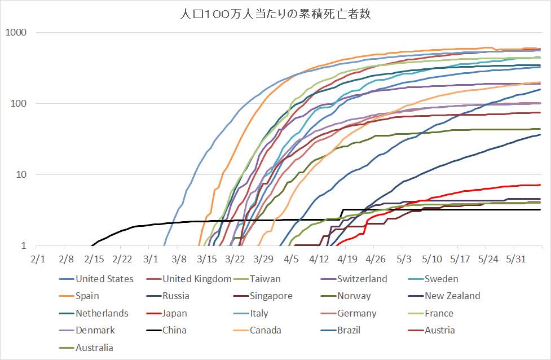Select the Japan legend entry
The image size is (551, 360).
(x=175, y=313)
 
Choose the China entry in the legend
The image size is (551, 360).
(x=174, y=330)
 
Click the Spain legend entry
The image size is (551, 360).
(x=87, y=296)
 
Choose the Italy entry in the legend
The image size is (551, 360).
(x=259, y=313)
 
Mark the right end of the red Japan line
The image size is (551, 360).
(x=540, y=185)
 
